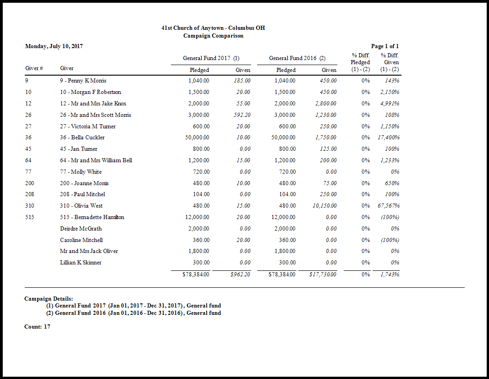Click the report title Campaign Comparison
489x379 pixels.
pyautogui.click(x=213, y=36)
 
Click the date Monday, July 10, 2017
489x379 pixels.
pyautogui.click(x=54, y=46)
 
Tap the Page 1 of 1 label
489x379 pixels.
pyautogui.click(x=385, y=46)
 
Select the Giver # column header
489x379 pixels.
pyautogui.click(x=34, y=69)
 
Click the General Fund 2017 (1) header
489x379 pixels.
pyautogui.click(x=211, y=58)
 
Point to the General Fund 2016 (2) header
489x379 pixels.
pyautogui.click(x=297, y=58)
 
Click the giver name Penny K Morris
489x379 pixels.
pyautogui.click(x=83, y=81)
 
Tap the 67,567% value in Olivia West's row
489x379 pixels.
pyautogui.click(x=388, y=206)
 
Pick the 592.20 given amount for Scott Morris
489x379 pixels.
pyautogui.click(x=240, y=115)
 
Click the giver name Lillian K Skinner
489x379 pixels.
pyautogui.click(x=81, y=263)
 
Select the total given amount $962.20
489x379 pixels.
pyautogui.click(x=240, y=275)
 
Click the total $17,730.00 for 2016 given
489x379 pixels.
pyautogui.click(x=323, y=275)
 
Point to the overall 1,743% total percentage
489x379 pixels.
pyautogui.click(x=390, y=275)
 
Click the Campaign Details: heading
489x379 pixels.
pyautogui.click(x=49, y=299)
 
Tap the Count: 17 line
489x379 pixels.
pyautogui.click(x=37, y=327)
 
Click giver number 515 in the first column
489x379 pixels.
pyautogui.click(x=29, y=217)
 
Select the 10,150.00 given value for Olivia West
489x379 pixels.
pyautogui.click(x=324, y=206)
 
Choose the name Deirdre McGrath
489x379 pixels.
pyautogui.click(x=81, y=229)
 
